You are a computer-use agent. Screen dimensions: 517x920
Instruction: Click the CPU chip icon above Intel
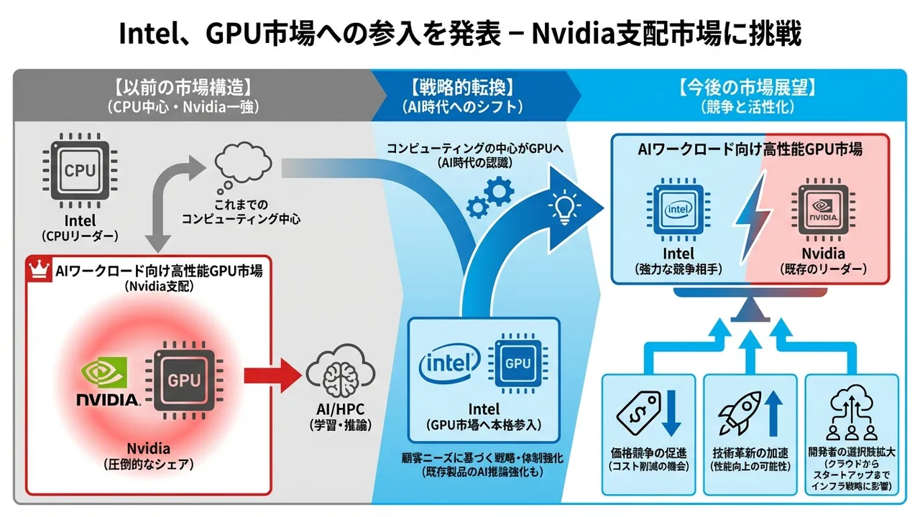click(x=79, y=170)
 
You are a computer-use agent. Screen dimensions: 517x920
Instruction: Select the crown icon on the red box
click(x=36, y=269)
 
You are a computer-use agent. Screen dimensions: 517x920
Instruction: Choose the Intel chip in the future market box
click(x=678, y=209)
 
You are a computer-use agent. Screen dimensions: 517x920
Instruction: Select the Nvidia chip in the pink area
click(x=823, y=209)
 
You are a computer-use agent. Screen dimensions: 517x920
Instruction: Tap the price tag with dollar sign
click(x=637, y=412)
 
